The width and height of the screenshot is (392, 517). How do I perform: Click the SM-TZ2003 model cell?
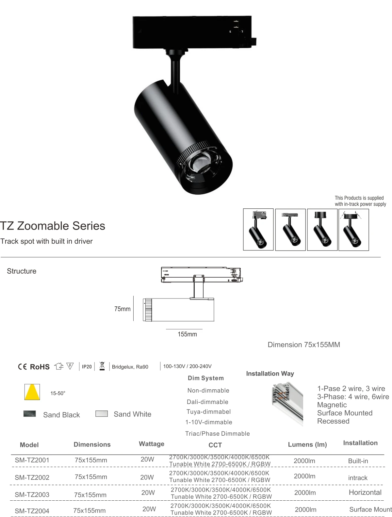coord(32,494)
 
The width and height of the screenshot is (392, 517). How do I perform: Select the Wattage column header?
coord(151,444)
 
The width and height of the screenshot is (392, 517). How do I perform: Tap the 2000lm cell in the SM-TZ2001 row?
coord(304,461)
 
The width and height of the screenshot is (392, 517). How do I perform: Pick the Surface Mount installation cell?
coord(370,509)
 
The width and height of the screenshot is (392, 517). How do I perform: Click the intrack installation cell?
coord(358,478)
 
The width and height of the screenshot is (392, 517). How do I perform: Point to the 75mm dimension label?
coord(122,309)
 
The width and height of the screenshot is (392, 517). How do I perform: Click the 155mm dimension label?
coord(187,334)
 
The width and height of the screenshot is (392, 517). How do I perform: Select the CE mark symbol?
coord(22,367)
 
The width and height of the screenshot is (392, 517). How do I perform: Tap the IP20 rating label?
coord(87,367)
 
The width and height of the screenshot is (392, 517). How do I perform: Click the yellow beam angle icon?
coord(32,392)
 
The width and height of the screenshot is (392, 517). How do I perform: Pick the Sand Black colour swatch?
coord(30,414)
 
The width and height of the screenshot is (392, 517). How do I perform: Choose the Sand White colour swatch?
coord(101,414)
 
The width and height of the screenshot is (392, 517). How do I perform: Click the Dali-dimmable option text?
coord(207,402)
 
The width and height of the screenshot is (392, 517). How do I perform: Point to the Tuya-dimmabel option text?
coord(208,412)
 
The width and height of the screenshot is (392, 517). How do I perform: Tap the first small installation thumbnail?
coord(258,230)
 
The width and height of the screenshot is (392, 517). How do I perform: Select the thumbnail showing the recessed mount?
coord(353,230)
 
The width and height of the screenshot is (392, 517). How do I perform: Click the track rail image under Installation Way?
coord(287,404)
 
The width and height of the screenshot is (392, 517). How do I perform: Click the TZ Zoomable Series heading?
coord(53,226)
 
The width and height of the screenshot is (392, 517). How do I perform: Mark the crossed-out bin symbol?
coord(102,366)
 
